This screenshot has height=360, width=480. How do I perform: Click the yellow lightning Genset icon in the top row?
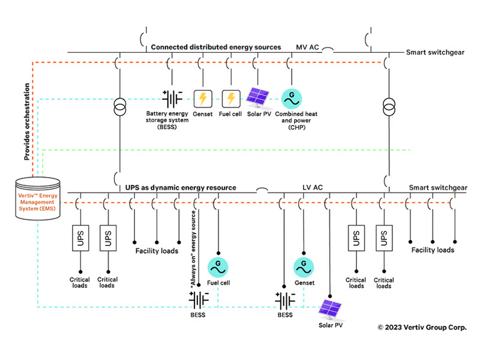(x=203, y=98)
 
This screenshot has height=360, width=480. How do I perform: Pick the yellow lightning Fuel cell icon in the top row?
(x=231, y=98)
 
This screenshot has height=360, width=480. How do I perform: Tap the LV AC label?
(x=313, y=188)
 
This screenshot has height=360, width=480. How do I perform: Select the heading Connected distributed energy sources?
(x=216, y=46)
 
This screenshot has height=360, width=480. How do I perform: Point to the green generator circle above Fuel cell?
(x=216, y=265)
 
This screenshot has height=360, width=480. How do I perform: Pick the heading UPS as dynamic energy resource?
(x=181, y=188)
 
